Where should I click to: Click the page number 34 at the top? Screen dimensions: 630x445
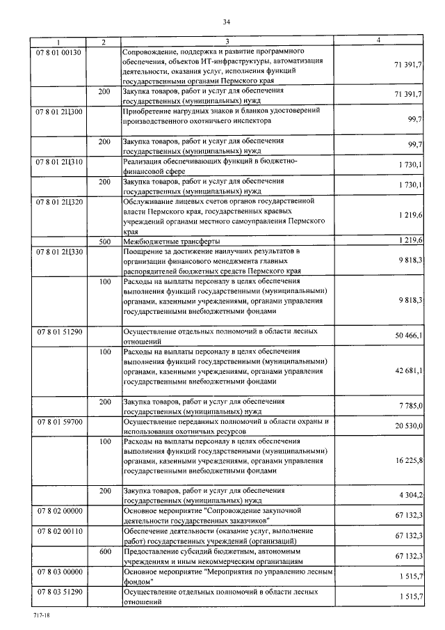click(x=226, y=22)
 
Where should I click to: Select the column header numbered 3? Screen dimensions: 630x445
click(x=227, y=42)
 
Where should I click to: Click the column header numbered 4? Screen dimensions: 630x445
click(x=378, y=42)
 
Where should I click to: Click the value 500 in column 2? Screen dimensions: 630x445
click(x=104, y=241)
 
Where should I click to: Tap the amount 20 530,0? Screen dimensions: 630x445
click(x=409, y=426)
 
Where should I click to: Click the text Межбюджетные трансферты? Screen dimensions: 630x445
click(x=168, y=241)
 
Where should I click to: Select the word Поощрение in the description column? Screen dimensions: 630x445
click(x=143, y=251)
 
